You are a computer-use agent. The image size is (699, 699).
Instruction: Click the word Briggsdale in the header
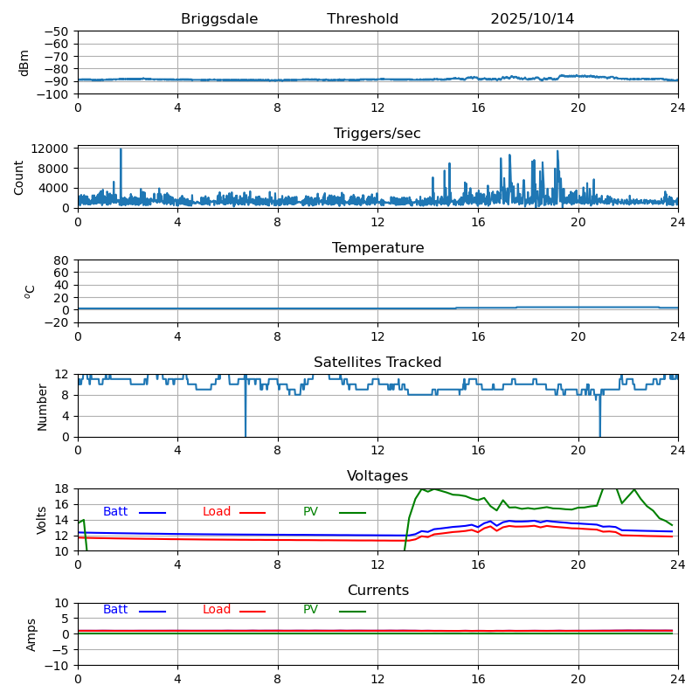pos(219,19)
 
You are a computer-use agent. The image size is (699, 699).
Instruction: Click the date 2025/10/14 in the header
pos(532,19)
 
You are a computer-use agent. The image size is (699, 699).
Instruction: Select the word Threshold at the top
pos(363,19)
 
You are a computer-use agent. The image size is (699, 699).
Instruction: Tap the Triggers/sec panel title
pos(377,134)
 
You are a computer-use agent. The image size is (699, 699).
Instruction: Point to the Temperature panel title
pos(377,248)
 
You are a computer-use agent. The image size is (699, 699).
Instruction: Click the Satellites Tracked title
pos(377,363)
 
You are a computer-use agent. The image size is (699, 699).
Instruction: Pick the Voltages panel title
pos(377,476)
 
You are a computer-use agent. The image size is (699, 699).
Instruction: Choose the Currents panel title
pos(377,591)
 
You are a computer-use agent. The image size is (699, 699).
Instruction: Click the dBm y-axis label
pos(24,63)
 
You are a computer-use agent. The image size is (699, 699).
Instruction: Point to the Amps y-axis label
pos(31,634)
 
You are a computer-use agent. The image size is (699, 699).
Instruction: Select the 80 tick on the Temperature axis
pos(61,260)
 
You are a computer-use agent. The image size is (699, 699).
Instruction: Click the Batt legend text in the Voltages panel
pos(115,512)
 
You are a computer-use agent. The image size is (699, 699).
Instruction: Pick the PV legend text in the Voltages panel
pos(310,512)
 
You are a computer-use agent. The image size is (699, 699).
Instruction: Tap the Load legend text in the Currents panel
pos(217,610)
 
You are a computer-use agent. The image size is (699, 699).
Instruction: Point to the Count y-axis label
pos(19,177)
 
